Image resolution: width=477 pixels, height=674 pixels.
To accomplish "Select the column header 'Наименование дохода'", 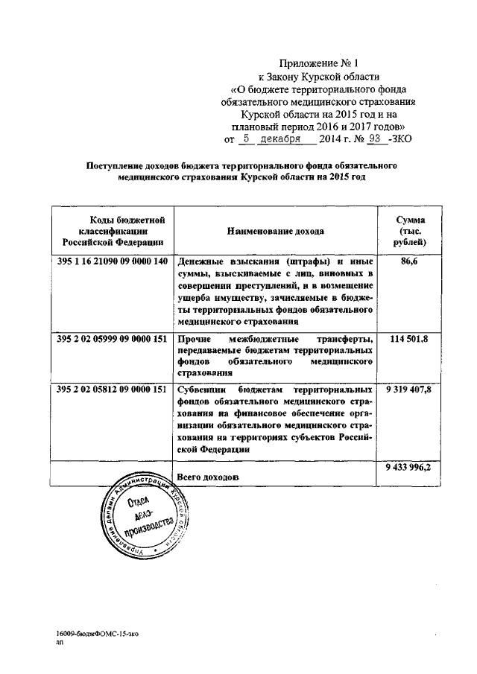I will tap(276, 231).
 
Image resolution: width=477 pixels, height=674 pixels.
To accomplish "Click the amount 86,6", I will tap(411, 262).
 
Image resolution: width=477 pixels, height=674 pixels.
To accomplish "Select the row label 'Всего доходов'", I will tap(208, 476).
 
